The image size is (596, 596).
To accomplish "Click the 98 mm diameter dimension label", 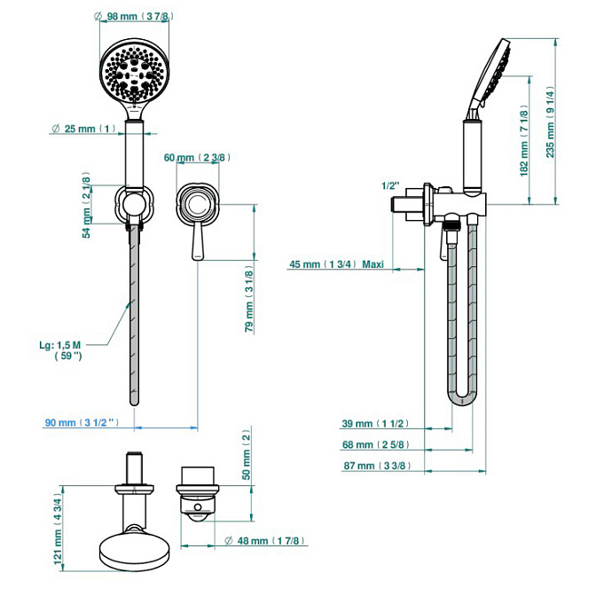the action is point(134,16).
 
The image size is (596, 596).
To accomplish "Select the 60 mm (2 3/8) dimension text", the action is point(197,157).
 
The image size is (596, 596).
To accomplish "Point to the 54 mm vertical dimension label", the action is point(87,205).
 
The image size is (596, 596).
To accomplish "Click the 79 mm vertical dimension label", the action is point(249,300).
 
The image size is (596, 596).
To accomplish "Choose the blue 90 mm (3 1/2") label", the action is point(82,422).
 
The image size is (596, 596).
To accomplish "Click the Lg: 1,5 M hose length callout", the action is point(61,350).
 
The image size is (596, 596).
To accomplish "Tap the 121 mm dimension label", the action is point(58,529).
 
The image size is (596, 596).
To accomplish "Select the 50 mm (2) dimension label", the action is point(247,455).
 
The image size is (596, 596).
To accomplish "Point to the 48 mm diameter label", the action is point(265,540).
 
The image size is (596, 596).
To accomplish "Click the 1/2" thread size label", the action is point(391,185).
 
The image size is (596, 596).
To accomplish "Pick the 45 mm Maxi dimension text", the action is point(337,264).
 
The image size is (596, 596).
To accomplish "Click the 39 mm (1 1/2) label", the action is point(375,423).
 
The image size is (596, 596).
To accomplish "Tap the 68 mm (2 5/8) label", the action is point(376,444).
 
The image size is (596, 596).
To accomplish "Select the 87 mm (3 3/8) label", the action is point(377,466).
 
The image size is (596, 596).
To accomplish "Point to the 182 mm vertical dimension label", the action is point(524,141).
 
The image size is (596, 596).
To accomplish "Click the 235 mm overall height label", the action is point(550,122).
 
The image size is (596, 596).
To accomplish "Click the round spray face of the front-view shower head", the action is point(134,72).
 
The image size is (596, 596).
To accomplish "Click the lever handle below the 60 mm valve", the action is point(198,241).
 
